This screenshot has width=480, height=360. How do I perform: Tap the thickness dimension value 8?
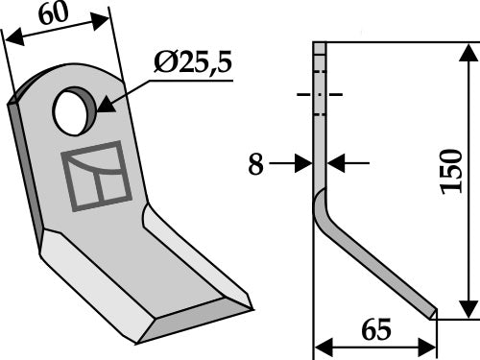click(254, 165)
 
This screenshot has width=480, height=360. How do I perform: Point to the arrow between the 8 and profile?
click(305, 165)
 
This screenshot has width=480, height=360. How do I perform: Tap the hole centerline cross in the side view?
click(320, 96)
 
